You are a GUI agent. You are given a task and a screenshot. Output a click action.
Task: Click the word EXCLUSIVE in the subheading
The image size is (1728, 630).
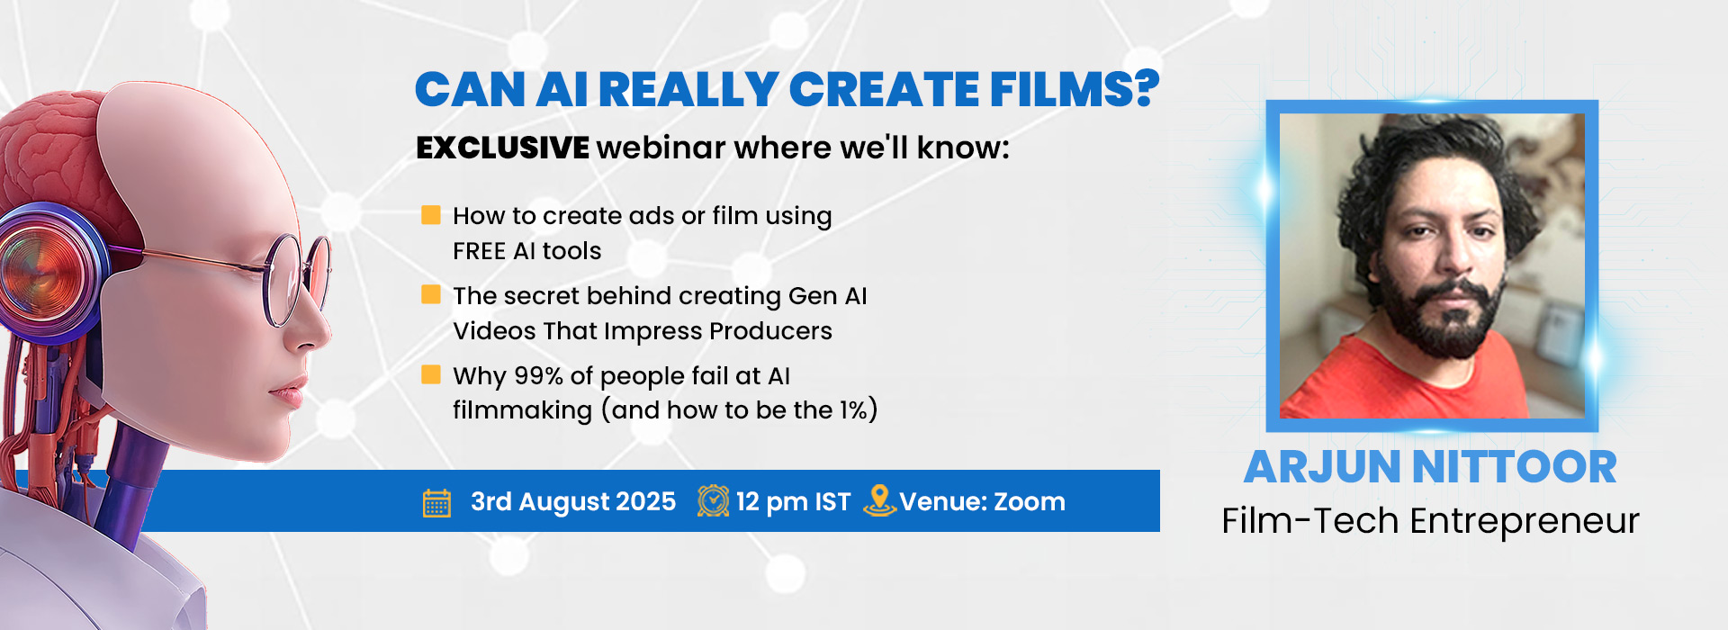pos(502,148)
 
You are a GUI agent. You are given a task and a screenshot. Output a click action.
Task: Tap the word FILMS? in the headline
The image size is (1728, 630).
pos(1075,89)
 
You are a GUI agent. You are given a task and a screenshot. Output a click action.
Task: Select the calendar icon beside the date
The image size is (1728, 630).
pos(436,503)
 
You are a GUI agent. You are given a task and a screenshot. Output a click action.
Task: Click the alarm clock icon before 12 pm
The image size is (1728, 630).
pos(713,500)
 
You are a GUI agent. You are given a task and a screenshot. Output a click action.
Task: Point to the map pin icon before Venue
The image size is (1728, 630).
pos(878,500)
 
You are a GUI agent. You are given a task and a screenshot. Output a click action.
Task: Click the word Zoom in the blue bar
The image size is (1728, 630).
pos(1030,501)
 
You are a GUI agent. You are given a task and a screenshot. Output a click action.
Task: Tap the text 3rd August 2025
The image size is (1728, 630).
pos(573,501)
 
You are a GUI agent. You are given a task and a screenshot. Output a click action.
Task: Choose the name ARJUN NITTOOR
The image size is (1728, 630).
pos(1430,467)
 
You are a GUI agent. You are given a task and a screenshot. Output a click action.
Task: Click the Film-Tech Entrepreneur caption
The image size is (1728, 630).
pos(1430,521)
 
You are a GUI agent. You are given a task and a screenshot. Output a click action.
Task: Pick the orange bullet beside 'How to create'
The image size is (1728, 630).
pos(431,215)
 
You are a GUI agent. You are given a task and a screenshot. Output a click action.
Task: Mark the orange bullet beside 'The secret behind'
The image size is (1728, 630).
pos(431,294)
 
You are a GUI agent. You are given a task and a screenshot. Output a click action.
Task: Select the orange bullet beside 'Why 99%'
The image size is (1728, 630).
pos(431,374)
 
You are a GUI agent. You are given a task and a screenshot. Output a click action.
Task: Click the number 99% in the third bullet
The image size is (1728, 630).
pos(538,375)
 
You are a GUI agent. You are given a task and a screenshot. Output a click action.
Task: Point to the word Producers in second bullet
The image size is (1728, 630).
pos(770,331)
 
